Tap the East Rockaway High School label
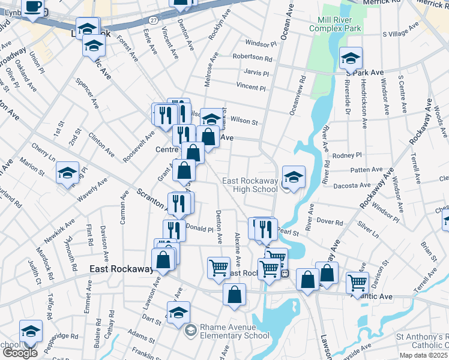250,185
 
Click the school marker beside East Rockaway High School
293,177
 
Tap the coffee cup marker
34,7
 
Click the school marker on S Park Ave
351,58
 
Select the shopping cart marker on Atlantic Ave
357,281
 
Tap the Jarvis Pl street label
256,73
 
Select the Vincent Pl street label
250,88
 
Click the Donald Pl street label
199,229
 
